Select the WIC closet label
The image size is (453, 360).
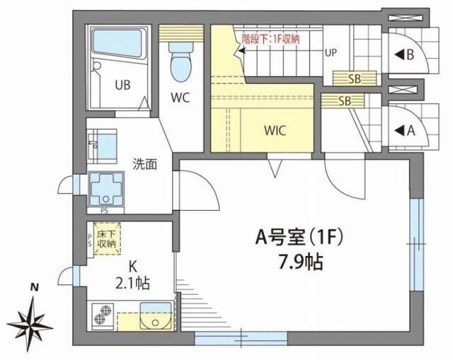275,130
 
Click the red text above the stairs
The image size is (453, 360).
270,39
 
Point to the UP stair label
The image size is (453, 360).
331,52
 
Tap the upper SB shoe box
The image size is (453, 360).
347,79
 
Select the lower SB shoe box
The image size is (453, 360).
338,100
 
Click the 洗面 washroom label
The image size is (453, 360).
145,164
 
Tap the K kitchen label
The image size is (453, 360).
132,267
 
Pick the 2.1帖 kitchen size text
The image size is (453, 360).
133,282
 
